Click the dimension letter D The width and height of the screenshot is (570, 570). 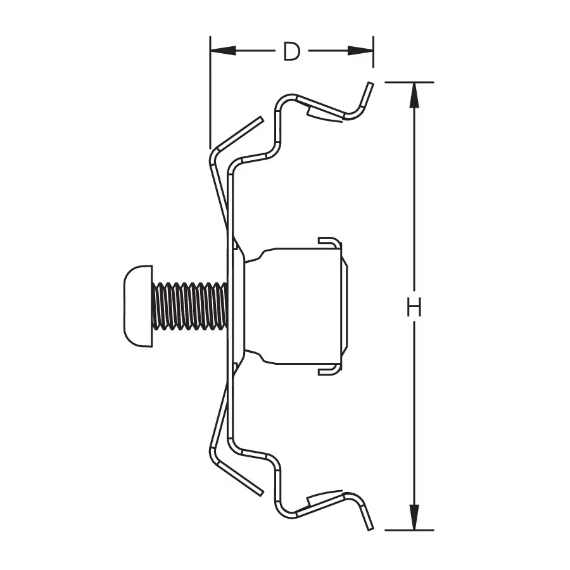click(292, 51)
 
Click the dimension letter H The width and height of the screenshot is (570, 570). click(414, 307)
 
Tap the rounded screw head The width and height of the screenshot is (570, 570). click(138, 306)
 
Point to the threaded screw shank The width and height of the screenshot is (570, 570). click(190, 306)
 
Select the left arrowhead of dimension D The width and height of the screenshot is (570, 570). click(223, 51)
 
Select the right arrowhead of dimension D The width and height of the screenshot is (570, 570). click(360, 51)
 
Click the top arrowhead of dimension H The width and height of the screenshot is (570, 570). click(414, 95)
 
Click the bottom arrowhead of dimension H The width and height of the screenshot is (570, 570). click(414, 517)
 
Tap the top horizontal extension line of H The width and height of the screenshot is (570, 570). click(409, 82)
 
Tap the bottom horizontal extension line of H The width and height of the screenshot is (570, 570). click(409, 530)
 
